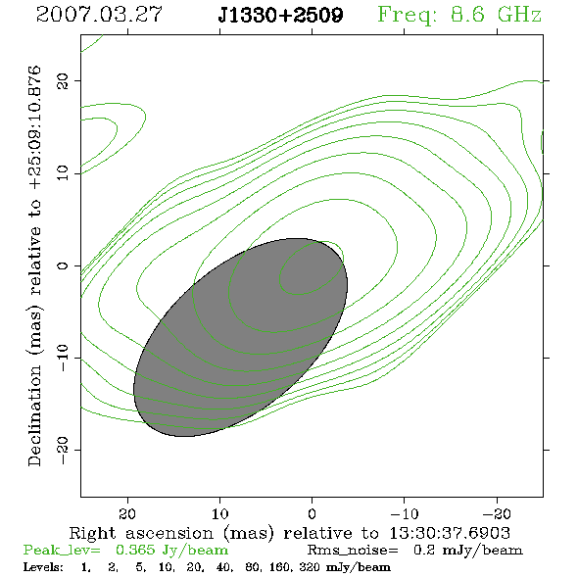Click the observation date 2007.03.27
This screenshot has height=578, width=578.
coord(99,15)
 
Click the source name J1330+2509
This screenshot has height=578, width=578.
coord(280,15)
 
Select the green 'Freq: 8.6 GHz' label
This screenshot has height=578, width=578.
coord(459,15)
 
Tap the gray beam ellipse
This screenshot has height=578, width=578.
coord(240,337)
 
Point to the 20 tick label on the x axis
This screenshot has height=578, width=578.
coord(127,513)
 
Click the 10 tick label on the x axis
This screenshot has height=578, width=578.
coord(219,513)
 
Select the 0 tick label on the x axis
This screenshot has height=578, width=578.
coord(312,513)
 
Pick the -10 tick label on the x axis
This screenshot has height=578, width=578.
coord(405,513)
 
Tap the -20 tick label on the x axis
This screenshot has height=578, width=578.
coord(497,513)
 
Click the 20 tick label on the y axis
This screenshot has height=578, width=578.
coord(63,80)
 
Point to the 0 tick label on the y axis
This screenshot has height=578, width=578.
coord(63,265)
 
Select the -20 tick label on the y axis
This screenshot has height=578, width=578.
coord(63,450)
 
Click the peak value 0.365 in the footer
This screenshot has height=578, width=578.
coord(135,550)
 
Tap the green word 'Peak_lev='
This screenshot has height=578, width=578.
coord(62,551)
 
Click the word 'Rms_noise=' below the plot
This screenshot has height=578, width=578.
coord(353,551)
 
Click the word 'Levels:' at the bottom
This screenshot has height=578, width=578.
coord(43,566)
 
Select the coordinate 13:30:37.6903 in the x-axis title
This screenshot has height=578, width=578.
coord(450,533)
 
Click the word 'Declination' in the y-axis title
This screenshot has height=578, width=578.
coord(34,415)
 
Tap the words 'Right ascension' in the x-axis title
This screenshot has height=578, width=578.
coord(141,533)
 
